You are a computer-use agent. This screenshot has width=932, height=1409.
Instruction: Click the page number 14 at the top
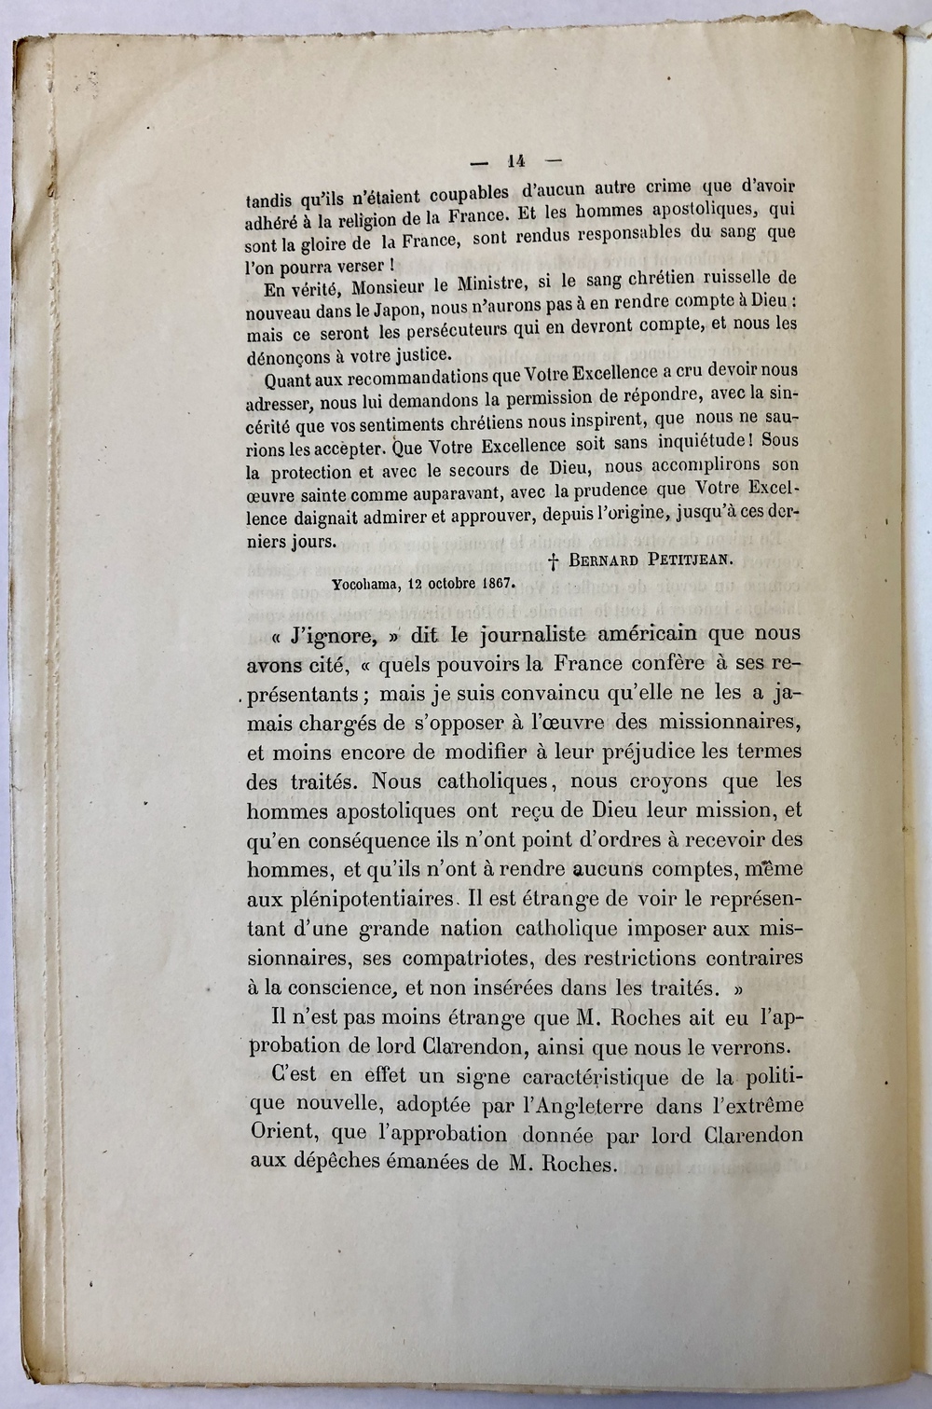click(511, 159)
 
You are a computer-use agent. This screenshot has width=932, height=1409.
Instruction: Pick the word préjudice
click(650, 751)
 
